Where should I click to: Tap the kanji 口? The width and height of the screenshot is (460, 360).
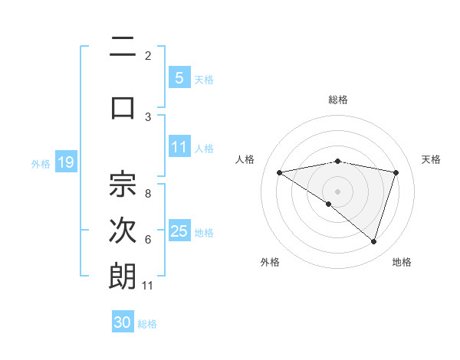click(x=123, y=106)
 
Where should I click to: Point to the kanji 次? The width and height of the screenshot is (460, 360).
click(x=123, y=231)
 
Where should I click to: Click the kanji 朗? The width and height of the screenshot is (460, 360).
click(x=123, y=277)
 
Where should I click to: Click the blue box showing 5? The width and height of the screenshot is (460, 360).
click(x=179, y=78)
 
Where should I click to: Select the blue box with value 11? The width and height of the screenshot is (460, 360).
click(x=179, y=147)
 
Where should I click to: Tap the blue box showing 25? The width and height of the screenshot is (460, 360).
click(x=179, y=231)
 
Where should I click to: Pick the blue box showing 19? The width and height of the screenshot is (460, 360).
click(x=65, y=162)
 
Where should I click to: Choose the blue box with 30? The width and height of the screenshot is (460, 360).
click(x=123, y=322)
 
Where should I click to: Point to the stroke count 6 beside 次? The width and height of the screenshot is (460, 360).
click(x=148, y=240)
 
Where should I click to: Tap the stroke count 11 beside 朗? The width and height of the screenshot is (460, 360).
click(x=148, y=286)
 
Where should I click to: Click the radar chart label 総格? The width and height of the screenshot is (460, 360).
click(x=337, y=100)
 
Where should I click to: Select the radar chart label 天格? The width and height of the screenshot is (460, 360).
click(x=432, y=159)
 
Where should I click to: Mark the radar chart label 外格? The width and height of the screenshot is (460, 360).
click(x=270, y=262)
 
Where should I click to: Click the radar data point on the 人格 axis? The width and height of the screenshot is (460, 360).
click(x=280, y=172)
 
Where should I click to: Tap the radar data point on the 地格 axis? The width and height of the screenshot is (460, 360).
click(x=373, y=241)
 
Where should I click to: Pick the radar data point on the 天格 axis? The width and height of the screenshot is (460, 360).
click(x=396, y=172)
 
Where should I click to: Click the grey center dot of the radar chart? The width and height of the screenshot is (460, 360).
click(x=337, y=191)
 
